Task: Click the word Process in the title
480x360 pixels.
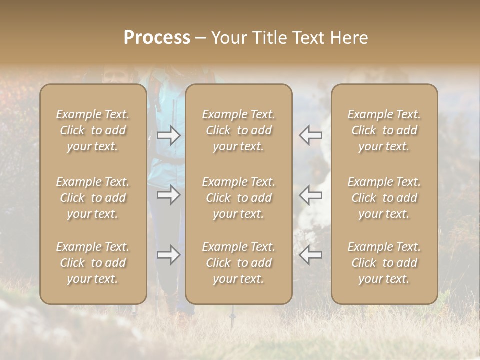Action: (x=157, y=38)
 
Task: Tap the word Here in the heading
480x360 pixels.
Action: (x=349, y=38)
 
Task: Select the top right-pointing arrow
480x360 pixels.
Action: (x=169, y=135)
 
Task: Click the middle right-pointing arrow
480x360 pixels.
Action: (x=169, y=194)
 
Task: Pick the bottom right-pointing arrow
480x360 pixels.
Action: (x=169, y=255)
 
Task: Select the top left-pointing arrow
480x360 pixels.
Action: (x=310, y=135)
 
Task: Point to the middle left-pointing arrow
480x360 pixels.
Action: (x=310, y=194)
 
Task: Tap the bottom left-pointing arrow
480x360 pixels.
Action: (x=310, y=255)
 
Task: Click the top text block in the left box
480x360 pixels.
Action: (x=93, y=130)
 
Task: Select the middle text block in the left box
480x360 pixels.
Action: (x=93, y=198)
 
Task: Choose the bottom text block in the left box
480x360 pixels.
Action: (x=93, y=263)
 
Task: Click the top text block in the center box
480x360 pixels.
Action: (x=239, y=130)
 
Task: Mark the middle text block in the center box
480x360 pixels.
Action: (x=239, y=198)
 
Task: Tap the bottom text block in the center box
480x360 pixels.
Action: (x=239, y=263)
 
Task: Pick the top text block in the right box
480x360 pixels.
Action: (x=384, y=130)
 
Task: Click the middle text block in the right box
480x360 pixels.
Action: (x=384, y=198)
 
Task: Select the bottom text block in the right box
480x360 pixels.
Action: (x=384, y=263)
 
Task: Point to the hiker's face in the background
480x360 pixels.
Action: (x=113, y=76)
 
